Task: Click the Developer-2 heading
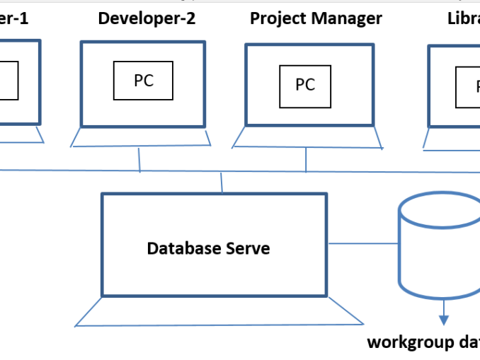147,18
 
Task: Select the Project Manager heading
316,18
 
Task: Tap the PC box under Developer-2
144,81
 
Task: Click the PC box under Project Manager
305,85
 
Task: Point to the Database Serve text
208,249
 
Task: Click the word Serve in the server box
248,249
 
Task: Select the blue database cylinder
439,248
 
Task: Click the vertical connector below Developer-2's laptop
139,160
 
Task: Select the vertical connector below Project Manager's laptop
306,160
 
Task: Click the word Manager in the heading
346,18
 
